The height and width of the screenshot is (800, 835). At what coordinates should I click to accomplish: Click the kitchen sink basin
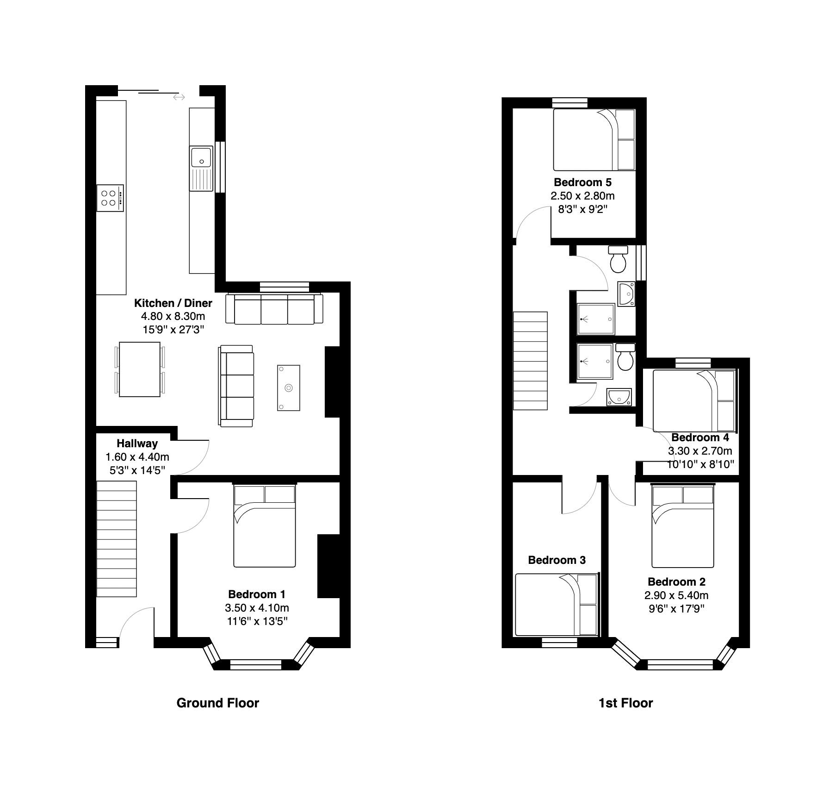(200, 157)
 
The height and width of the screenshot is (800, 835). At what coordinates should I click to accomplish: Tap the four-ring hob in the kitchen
(110, 198)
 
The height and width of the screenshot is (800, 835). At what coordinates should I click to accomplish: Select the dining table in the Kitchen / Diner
(140, 369)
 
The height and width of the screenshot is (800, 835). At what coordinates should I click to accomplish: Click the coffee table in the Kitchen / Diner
(289, 387)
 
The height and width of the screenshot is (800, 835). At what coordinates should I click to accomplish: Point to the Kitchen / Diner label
(173, 303)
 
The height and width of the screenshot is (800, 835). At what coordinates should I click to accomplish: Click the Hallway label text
(137, 444)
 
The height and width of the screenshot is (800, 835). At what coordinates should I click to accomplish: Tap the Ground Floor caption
(218, 703)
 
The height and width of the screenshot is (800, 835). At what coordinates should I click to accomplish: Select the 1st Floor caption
(625, 703)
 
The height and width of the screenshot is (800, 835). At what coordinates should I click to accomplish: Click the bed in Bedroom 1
(265, 526)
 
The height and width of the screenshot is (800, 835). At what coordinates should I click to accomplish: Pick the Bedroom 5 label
(582, 182)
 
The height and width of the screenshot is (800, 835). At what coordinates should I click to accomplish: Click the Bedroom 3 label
(557, 560)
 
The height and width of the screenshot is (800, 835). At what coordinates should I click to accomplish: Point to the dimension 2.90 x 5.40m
(676, 595)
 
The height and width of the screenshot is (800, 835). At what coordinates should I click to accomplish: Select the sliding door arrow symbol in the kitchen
(179, 97)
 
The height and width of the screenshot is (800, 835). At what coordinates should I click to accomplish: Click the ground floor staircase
(117, 539)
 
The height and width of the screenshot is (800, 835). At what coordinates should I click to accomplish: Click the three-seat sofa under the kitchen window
(274, 309)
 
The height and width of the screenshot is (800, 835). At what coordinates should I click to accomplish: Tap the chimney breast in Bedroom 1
(328, 566)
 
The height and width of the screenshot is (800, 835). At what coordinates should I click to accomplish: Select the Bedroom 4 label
(700, 437)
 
